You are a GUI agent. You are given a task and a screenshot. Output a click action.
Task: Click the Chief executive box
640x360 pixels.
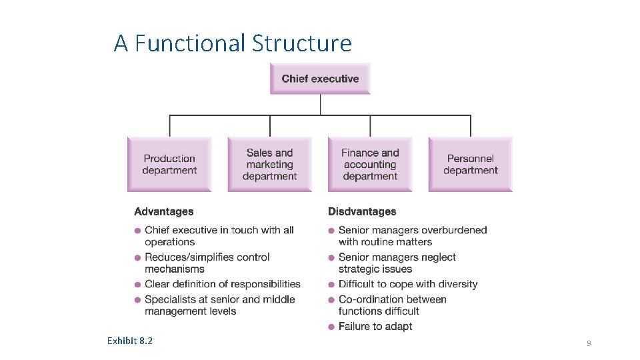pos(320,79)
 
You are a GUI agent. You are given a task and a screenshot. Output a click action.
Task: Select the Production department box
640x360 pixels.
pos(169,164)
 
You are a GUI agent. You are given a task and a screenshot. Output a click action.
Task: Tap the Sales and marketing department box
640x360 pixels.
pos(269,164)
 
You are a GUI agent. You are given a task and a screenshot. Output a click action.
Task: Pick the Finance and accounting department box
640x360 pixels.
pos(370,164)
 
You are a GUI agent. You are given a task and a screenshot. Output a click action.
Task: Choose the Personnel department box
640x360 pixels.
pos(470,164)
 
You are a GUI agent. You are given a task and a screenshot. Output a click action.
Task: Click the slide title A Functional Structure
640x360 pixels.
pos(233,43)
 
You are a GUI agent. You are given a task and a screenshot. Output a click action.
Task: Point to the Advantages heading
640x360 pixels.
pos(164,211)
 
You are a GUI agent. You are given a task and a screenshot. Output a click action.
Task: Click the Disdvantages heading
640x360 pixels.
pos(362,211)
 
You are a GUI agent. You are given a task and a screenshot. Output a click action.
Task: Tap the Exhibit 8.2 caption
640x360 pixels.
pos(129,341)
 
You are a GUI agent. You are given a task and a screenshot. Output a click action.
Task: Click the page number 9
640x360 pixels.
pos(589,343)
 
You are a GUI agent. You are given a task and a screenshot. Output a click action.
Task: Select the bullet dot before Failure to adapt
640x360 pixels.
pos(332,327)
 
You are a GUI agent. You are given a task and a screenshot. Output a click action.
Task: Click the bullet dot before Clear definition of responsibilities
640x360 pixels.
pos(138,285)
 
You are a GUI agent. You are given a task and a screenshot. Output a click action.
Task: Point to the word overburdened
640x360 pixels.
pos(455,230)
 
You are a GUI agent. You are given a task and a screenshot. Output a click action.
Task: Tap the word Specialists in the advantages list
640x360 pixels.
pos(171,299)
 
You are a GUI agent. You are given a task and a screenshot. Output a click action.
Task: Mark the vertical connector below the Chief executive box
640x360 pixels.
pos(321,105)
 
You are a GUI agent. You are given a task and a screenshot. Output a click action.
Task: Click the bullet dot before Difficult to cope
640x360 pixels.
pos(332,285)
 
